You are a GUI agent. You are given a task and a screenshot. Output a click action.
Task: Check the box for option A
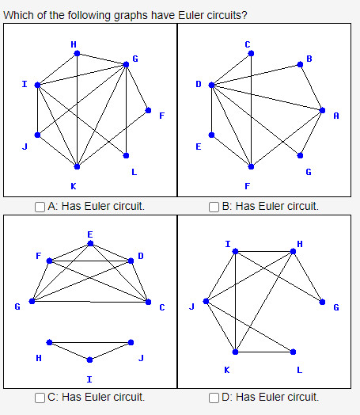tap(40, 207)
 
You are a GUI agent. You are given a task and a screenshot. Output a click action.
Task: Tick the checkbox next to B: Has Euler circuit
tap(214, 207)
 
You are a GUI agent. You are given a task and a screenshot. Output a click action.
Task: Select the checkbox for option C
tap(40, 398)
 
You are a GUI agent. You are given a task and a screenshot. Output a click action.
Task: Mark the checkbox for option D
tap(214, 398)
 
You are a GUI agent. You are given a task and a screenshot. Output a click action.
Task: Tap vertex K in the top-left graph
tap(76, 167)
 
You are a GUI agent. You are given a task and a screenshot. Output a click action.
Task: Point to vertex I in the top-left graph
tap(36, 84)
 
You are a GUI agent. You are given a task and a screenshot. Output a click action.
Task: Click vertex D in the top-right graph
tap(211, 84)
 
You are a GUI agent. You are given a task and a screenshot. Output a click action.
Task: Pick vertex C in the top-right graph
tap(251, 53)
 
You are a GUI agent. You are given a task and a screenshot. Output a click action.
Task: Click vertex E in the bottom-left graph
tap(90, 243)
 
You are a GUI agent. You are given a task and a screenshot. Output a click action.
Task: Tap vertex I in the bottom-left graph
tap(89, 359)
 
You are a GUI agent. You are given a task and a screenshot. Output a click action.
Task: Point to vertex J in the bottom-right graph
tap(206, 301)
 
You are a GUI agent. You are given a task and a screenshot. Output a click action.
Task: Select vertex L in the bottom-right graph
tap(293, 351)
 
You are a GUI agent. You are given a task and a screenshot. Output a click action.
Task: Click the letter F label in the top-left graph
tap(161, 116)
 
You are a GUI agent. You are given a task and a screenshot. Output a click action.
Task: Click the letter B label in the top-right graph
tap(309, 59)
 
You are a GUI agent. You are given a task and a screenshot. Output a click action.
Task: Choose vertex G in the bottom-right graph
tap(322, 301)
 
